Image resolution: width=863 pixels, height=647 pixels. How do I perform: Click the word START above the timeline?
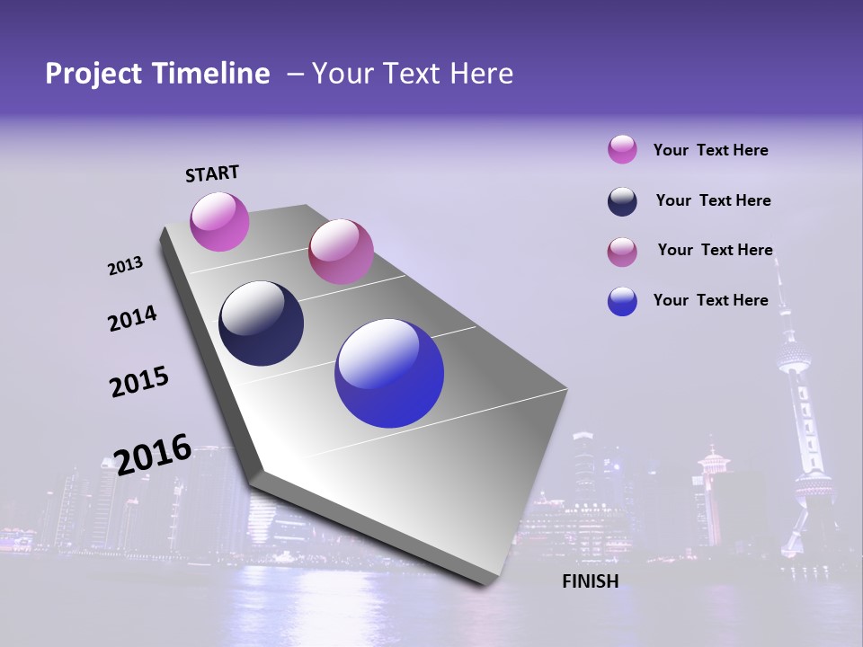point(212,173)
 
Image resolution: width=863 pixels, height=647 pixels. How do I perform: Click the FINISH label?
point(590,581)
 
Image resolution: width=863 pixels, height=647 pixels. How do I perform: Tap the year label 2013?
point(125,266)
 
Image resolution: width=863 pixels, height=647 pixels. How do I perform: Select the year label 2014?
point(132,318)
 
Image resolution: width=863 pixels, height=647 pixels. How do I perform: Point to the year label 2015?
point(138,382)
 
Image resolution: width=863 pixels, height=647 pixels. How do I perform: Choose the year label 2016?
point(153,454)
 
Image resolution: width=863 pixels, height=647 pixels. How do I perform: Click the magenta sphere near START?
point(219,221)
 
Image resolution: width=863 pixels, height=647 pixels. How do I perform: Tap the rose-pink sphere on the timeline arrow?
point(341,251)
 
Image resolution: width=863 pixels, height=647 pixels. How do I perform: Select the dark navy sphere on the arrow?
point(261,323)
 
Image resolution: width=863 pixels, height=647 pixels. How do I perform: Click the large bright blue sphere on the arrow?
point(389,372)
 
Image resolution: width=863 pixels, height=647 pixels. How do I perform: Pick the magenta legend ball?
point(622,149)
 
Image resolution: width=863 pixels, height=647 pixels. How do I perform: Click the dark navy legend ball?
point(622,201)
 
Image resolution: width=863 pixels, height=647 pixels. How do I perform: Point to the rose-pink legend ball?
point(622,252)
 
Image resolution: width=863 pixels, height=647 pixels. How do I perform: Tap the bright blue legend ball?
point(622,301)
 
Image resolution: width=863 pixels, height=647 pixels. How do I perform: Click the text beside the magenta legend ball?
point(710,150)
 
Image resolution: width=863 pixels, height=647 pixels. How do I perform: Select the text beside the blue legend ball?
point(710,300)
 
